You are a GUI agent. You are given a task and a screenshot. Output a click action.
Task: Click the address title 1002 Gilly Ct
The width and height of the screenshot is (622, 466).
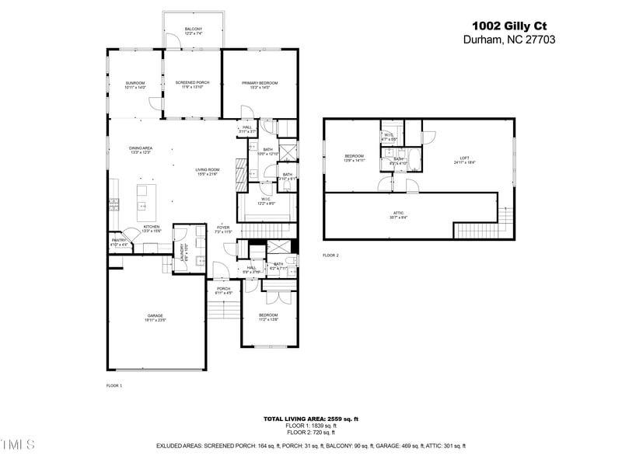(510, 24)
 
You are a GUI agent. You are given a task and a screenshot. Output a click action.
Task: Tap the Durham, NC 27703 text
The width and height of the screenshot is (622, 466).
(509, 39)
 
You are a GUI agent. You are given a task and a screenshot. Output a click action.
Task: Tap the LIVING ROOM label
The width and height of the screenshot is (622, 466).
(207, 172)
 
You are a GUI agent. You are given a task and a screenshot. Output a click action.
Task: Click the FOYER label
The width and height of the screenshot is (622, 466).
(223, 229)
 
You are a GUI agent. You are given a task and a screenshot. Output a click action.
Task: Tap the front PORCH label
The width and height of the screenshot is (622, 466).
(223, 290)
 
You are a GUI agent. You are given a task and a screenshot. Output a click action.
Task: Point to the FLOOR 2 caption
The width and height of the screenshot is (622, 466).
(331, 255)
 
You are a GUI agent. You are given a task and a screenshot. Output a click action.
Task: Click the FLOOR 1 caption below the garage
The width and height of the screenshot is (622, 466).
(114, 385)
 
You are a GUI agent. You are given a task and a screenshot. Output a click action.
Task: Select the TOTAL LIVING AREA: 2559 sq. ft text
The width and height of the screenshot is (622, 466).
(310, 419)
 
